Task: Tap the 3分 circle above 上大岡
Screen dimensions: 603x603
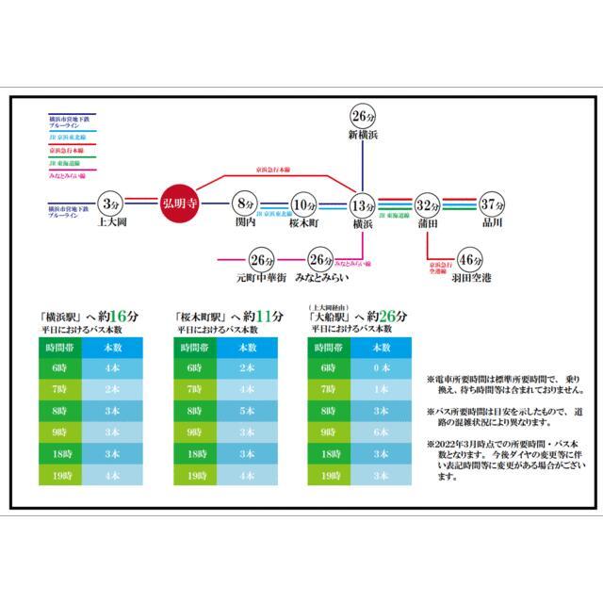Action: tap(110, 204)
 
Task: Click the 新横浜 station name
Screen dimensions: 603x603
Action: tap(363, 136)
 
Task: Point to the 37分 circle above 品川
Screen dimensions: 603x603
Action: tap(491, 204)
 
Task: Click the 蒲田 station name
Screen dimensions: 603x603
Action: tap(428, 223)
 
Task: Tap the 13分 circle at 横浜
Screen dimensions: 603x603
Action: tap(363, 204)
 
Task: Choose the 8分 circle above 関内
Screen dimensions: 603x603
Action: tap(246, 204)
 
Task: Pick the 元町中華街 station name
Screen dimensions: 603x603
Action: tap(260, 279)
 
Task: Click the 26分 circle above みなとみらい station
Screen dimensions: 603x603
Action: tap(321, 260)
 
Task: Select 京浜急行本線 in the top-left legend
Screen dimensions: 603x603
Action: tap(67, 149)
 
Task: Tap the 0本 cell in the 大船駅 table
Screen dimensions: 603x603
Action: tap(381, 367)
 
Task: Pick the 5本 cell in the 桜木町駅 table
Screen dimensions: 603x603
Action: tap(247, 411)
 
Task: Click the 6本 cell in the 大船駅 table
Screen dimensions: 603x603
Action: tap(381, 432)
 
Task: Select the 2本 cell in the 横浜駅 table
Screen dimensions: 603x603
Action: tap(112, 388)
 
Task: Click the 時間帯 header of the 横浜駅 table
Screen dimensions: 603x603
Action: tap(57, 347)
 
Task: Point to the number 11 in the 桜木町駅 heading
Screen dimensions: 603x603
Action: tap(264, 317)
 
